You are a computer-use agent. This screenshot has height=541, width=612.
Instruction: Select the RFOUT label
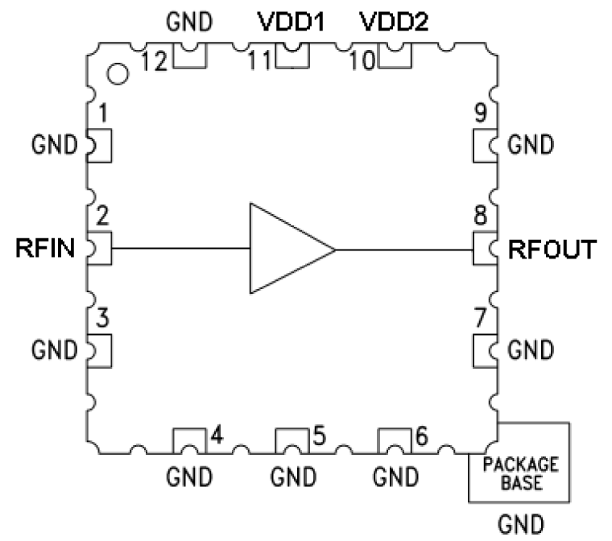pyautogui.click(x=552, y=250)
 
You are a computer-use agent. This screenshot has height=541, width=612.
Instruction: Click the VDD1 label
pyautogui.click(x=290, y=23)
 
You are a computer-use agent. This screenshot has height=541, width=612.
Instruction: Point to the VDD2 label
pyautogui.click(x=394, y=23)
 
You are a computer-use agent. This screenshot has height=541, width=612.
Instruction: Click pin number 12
pyautogui.click(x=155, y=61)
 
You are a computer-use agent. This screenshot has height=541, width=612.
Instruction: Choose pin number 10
pyautogui.click(x=362, y=61)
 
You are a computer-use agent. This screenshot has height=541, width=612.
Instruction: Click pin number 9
pyautogui.click(x=480, y=114)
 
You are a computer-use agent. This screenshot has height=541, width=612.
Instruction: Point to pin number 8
pyautogui.click(x=480, y=217)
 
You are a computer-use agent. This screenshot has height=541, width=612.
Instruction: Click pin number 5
pyautogui.click(x=319, y=436)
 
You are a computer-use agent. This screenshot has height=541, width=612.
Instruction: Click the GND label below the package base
pyautogui.click(x=519, y=524)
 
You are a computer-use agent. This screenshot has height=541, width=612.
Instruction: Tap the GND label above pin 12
pyautogui.click(x=189, y=23)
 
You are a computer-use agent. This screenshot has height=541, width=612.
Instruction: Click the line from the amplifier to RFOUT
pyautogui.click(x=403, y=249)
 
